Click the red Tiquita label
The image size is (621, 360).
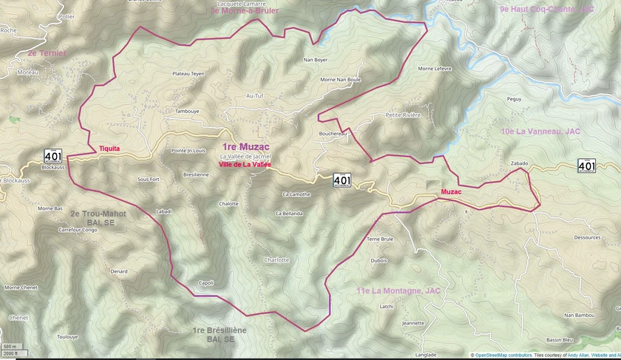109,149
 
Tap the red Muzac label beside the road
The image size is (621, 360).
451,192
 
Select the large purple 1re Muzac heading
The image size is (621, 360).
245,147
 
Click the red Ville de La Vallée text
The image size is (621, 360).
245,165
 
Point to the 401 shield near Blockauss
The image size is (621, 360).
52,155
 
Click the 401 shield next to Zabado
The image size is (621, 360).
586,166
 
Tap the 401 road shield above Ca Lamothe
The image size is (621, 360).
342,179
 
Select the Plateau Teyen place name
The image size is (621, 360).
188,74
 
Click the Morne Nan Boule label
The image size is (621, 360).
340,80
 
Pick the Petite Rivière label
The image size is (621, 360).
403,115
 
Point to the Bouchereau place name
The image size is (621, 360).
333,134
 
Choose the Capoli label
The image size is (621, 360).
206,283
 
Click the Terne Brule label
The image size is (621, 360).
380,240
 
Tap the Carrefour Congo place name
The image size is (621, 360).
78,230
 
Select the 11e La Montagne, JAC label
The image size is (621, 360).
398,291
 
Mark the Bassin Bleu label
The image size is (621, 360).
560,340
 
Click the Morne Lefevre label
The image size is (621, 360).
435,69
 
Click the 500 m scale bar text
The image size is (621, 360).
9,347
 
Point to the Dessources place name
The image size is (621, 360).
587,238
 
